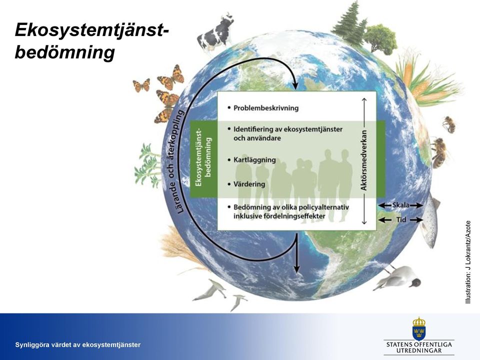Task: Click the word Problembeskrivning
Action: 265,108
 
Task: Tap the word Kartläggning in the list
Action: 254,160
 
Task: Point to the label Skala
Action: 400,205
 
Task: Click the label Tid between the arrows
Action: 401,219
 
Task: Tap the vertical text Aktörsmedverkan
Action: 363,160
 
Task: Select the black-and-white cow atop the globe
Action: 215,32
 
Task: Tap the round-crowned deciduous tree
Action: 380,39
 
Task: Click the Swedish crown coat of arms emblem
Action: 419,328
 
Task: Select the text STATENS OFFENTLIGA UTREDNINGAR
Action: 419,347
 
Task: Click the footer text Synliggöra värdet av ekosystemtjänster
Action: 78,344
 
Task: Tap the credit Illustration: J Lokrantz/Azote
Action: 468,262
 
